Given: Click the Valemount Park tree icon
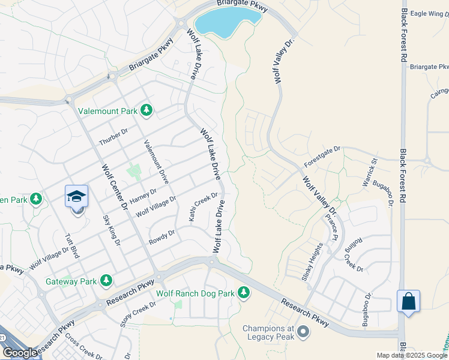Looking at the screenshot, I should click(146, 110).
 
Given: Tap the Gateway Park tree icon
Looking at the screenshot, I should click(106, 280).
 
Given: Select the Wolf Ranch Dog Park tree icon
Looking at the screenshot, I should click(243, 293).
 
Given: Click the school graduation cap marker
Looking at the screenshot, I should click(77, 196).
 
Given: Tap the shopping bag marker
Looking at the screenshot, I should click(408, 301).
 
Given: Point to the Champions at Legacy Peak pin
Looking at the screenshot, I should click(303, 331).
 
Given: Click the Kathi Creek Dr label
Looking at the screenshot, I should click(204, 206).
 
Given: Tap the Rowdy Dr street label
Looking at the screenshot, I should click(161, 237).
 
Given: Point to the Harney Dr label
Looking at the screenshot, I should click(142, 196).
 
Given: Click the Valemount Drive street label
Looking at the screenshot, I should click(155, 161).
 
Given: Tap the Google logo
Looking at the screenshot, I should click(19, 353).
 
